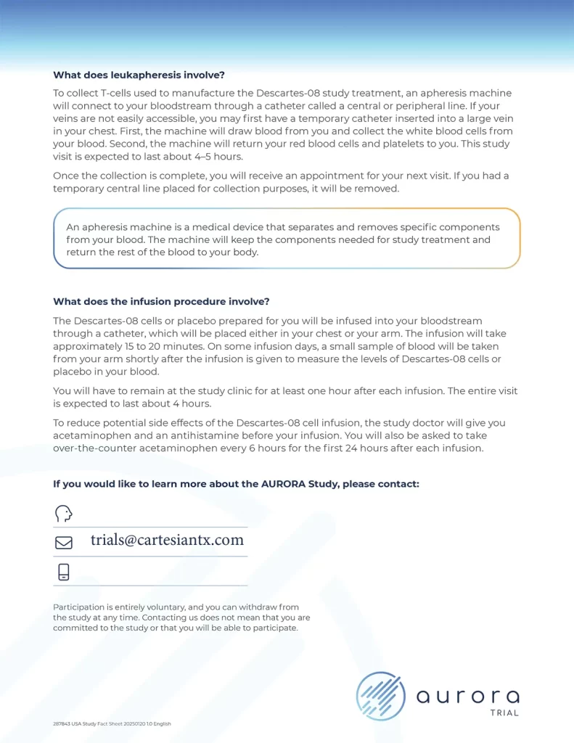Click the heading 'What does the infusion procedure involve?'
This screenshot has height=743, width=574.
point(161,302)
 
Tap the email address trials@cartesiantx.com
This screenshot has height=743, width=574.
point(167,540)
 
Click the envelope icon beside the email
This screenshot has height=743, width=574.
point(64,542)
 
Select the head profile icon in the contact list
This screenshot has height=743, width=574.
point(64,513)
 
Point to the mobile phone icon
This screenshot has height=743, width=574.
point(64,572)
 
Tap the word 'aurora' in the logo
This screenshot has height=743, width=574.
point(467,697)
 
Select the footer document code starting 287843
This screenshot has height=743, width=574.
point(112,723)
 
